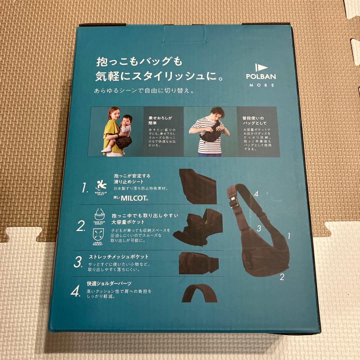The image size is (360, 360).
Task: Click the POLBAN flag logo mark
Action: [261, 67]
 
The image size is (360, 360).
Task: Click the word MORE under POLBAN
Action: [261, 85]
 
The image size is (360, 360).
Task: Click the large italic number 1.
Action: [85, 188]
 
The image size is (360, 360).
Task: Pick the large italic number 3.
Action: [78, 262]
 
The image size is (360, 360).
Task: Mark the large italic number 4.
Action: [75, 292]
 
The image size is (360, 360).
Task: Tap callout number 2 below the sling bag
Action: [282, 277]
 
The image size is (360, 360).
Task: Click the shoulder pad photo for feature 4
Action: [199, 293]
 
